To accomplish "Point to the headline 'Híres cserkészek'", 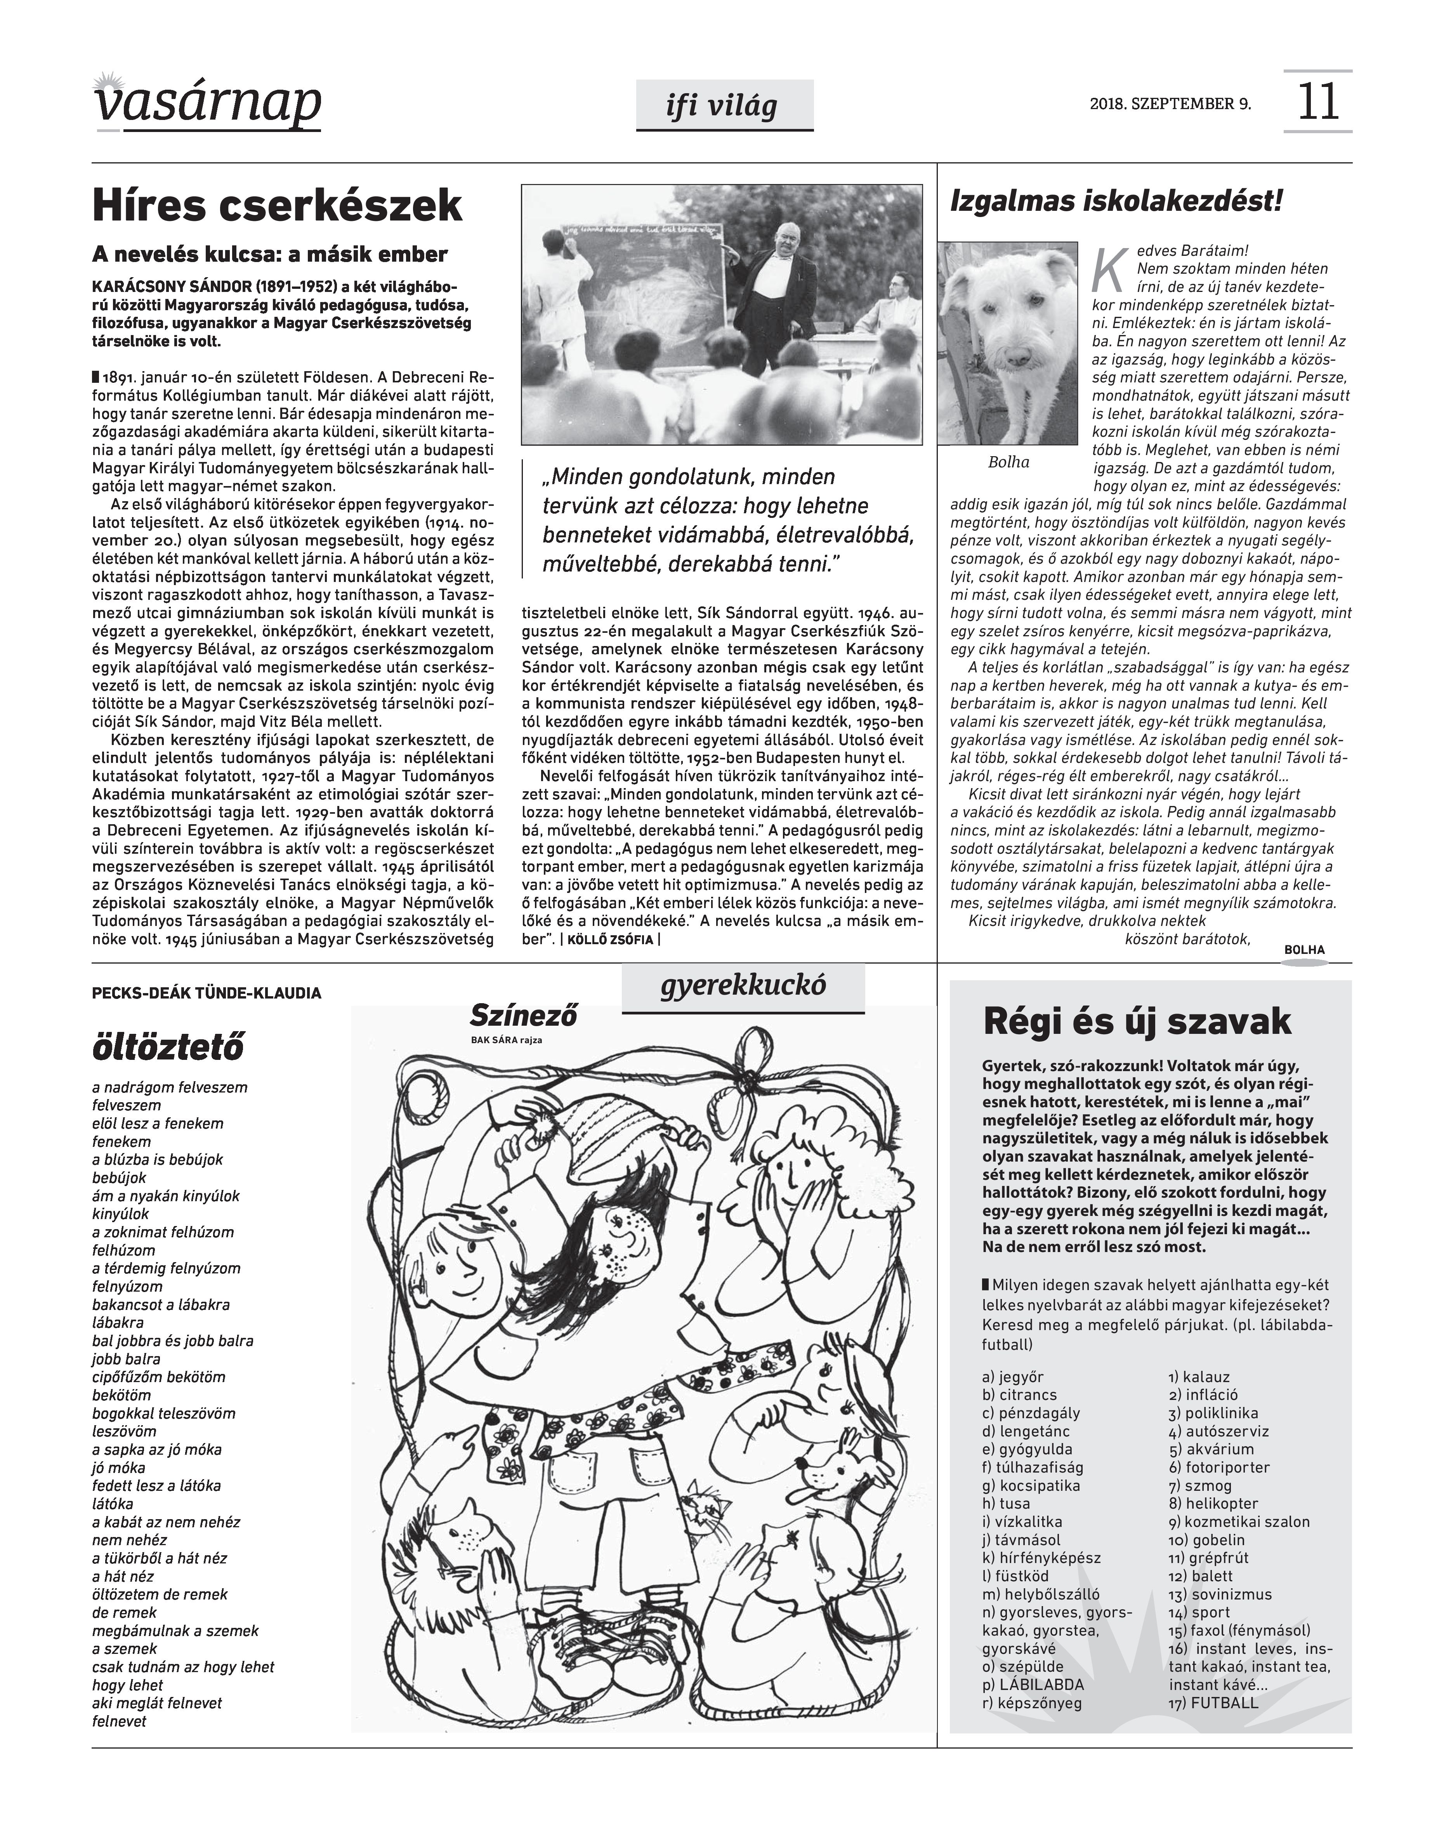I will [x=277, y=205].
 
